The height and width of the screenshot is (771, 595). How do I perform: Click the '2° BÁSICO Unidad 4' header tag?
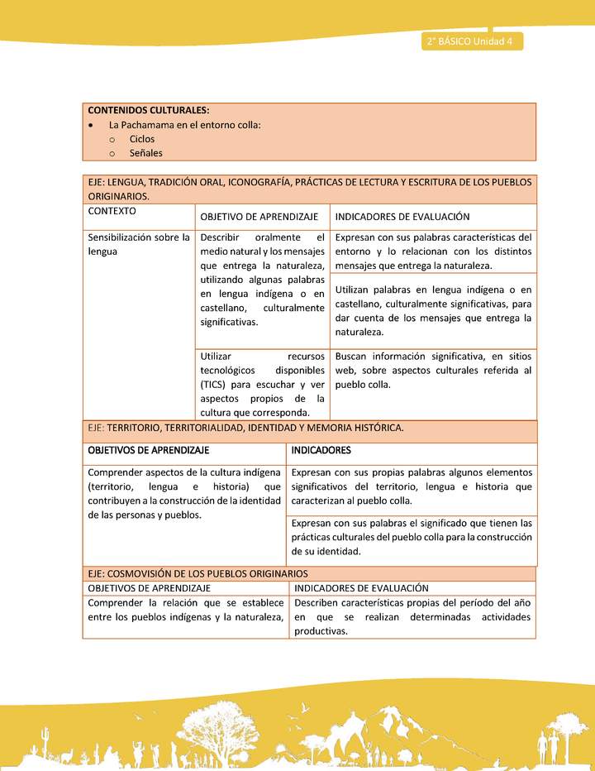point(471,42)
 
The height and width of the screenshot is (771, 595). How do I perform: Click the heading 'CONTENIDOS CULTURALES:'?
point(149,110)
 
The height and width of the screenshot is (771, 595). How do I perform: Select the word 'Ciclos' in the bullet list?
point(142,139)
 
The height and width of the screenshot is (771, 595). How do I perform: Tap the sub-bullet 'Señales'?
point(146,153)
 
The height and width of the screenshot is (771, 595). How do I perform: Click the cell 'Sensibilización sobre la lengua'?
point(139,244)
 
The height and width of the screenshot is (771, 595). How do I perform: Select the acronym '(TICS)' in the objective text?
point(215,385)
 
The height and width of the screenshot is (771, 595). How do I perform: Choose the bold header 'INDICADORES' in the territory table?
point(321,451)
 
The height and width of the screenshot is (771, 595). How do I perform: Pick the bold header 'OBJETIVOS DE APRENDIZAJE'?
point(149,451)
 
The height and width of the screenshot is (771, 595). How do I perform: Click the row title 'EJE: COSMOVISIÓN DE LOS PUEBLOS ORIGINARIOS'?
point(198,573)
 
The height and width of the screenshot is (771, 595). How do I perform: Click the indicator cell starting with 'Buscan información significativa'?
point(433,371)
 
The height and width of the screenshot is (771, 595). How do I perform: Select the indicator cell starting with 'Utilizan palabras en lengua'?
point(433,311)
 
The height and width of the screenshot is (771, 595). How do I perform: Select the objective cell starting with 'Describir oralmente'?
point(262,280)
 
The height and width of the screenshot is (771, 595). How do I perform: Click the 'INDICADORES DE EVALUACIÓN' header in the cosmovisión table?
point(361,587)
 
